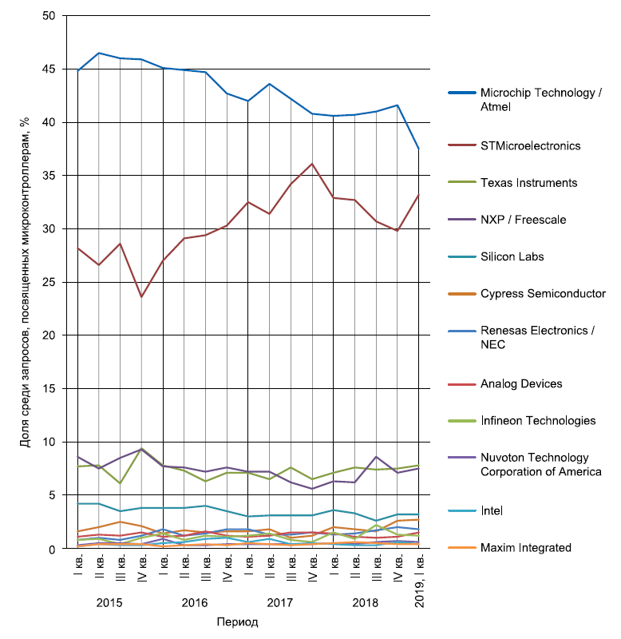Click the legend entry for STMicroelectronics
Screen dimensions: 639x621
tap(530, 146)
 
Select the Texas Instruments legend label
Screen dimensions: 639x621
tap(528, 183)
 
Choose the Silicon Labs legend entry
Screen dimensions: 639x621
tap(512, 257)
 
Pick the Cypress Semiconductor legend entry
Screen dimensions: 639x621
tap(543, 294)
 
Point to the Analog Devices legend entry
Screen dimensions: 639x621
tap(520, 383)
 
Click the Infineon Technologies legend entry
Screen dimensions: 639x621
tap(538, 420)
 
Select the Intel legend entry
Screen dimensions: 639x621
tap(492, 510)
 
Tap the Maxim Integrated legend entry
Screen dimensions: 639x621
tap(526, 547)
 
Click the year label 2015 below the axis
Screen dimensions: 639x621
tap(109, 602)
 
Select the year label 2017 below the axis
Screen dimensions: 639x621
tap(279, 602)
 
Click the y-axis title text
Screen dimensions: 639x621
tap(25, 282)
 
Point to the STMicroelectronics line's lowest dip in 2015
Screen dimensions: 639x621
tap(141, 297)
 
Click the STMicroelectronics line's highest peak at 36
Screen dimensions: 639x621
tap(312, 164)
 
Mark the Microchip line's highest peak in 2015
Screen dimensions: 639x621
tap(99, 53)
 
